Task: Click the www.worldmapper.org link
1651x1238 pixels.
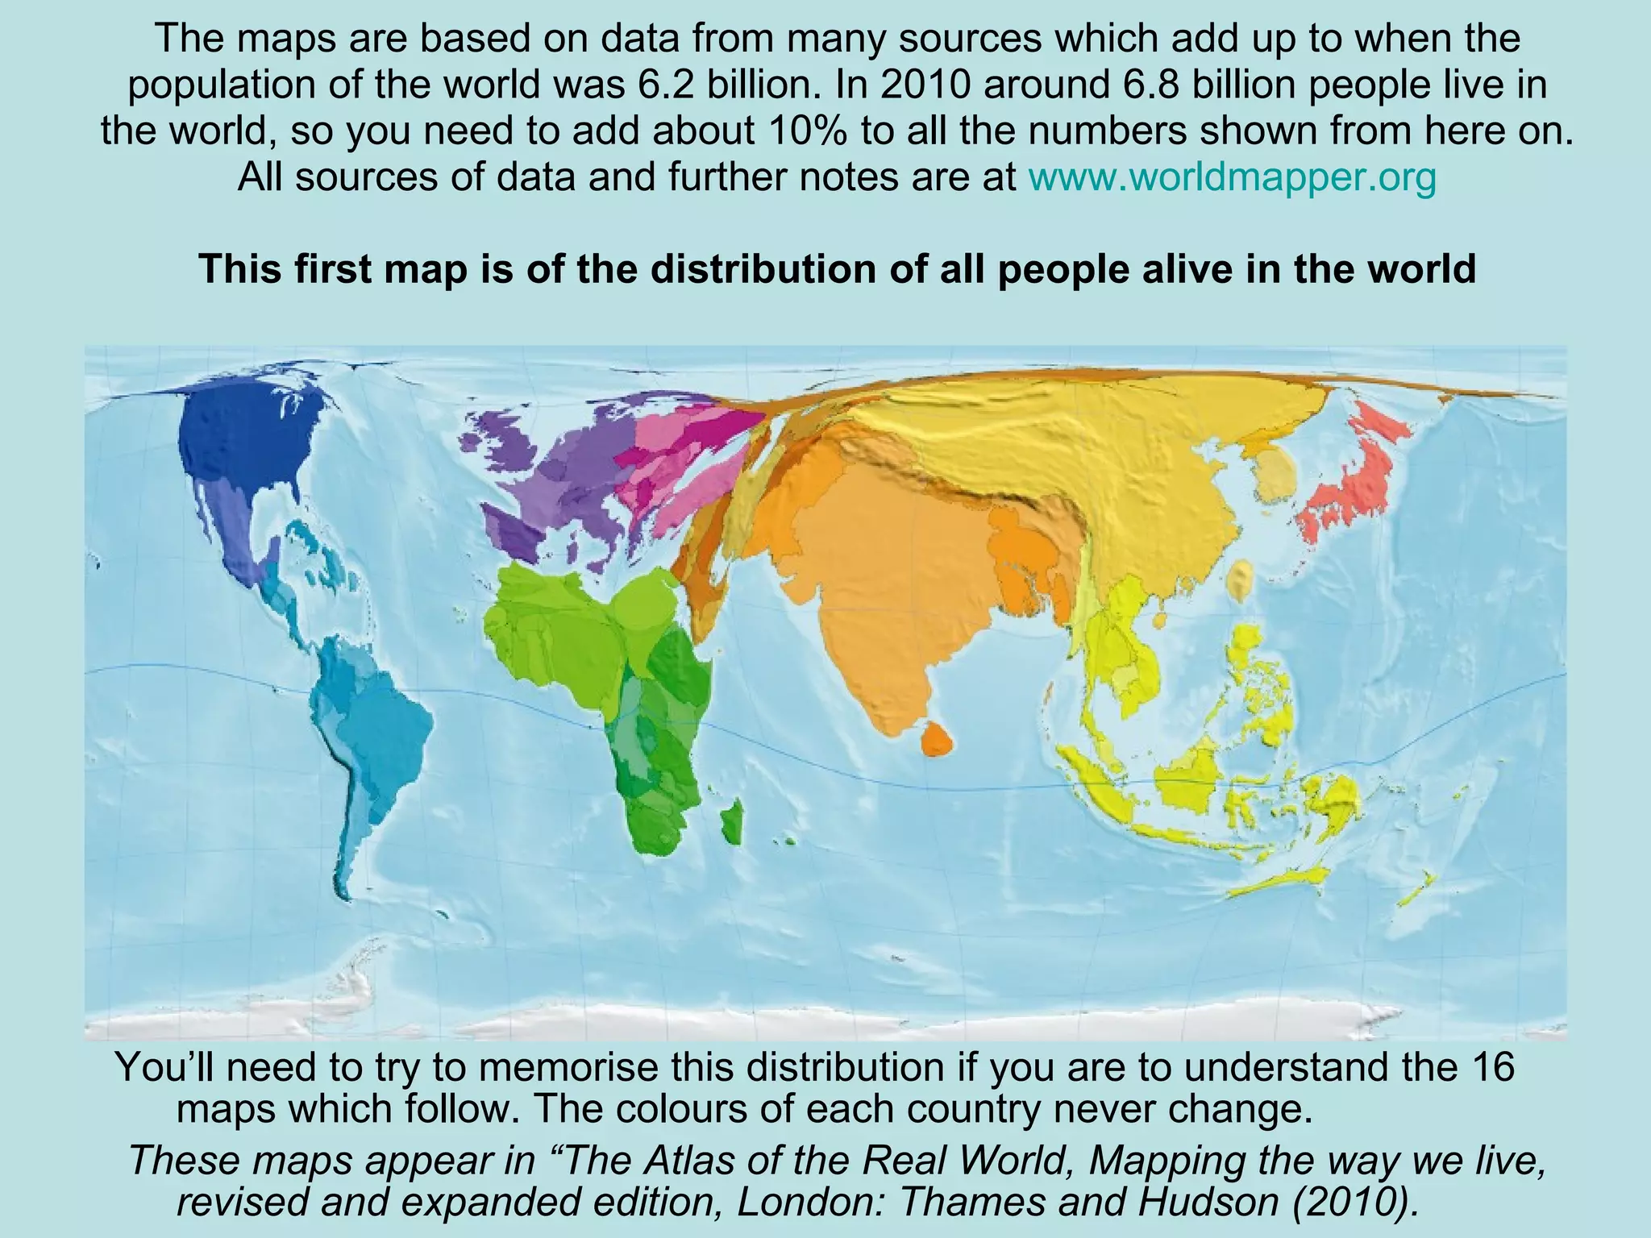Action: pos(1233,177)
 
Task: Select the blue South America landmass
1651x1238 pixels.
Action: pos(371,725)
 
